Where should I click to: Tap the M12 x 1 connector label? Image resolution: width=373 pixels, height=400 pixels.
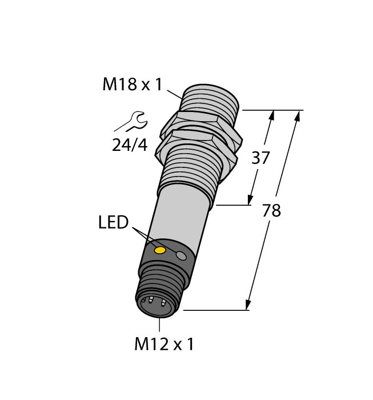click(164, 344)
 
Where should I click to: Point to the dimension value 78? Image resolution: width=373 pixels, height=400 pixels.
click(271, 211)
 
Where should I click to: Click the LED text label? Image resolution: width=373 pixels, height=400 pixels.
click(114, 223)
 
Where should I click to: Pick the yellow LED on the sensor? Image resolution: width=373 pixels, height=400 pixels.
click(161, 250)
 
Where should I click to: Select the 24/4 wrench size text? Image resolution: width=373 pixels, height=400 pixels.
click(130, 146)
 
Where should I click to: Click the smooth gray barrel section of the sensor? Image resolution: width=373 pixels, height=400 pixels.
click(180, 217)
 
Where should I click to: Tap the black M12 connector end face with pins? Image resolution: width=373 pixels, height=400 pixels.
click(156, 303)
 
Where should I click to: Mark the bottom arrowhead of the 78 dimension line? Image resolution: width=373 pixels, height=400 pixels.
click(249, 305)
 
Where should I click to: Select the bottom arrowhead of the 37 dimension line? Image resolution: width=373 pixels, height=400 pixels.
click(250, 199)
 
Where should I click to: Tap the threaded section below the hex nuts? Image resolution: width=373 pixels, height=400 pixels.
click(191, 169)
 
